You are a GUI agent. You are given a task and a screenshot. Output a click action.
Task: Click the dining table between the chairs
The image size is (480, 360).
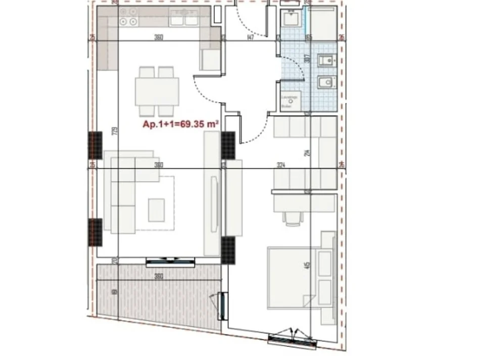tap(157, 92)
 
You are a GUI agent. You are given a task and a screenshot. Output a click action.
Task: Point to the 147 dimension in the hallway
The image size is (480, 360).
tap(250, 37)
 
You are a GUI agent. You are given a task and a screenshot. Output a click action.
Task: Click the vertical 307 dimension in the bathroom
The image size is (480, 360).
tap(306, 58)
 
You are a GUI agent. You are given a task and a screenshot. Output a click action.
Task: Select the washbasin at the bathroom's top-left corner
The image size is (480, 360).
tap(292, 20)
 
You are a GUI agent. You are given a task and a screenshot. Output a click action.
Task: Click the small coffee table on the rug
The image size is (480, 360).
tap(156, 210)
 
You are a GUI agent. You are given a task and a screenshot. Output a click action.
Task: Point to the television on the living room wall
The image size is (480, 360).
tap(216, 202)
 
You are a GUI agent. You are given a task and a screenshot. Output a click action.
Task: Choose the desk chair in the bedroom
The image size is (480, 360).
tap(292, 217)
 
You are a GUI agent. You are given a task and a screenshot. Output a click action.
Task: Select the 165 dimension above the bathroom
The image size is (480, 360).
tap(309, 37)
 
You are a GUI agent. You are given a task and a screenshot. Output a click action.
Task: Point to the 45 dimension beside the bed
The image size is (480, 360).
tap(307, 266)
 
